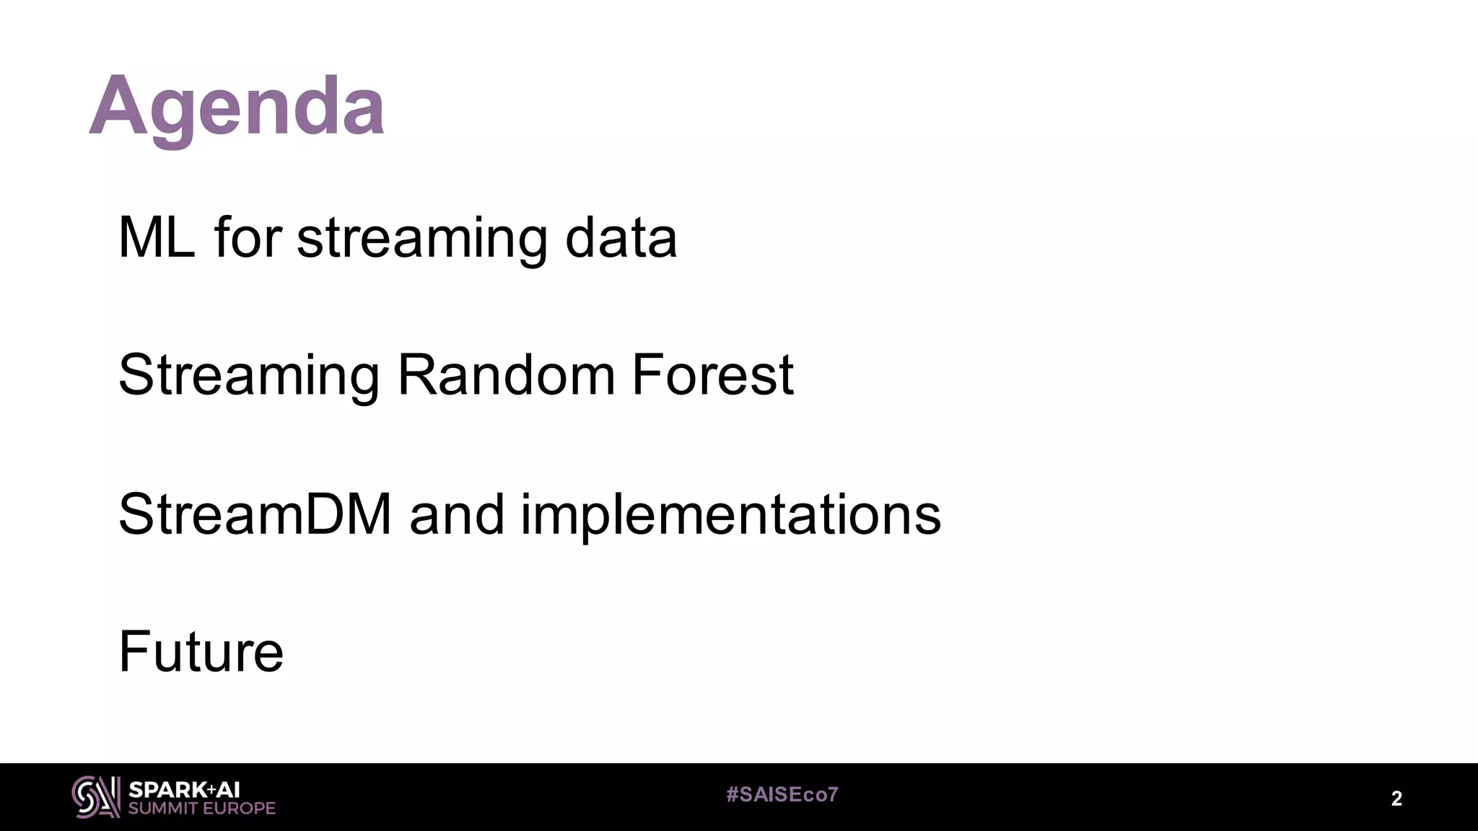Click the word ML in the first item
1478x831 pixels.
tap(156, 237)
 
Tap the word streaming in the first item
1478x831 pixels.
tap(422, 239)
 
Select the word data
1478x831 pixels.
tap(621, 237)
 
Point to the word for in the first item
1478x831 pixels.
tap(247, 237)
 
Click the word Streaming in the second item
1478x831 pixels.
tap(249, 377)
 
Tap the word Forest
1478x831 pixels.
tap(712, 375)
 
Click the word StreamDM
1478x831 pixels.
tap(255, 514)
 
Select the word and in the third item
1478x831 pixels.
tap(456, 514)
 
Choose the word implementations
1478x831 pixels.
tap(730, 516)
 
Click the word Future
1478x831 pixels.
tap(201, 651)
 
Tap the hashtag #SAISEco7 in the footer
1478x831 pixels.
tap(782, 795)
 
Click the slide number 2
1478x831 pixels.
tap(1396, 799)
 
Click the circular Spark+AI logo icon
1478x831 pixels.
tap(95, 797)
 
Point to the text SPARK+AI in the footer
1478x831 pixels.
tap(184, 790)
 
